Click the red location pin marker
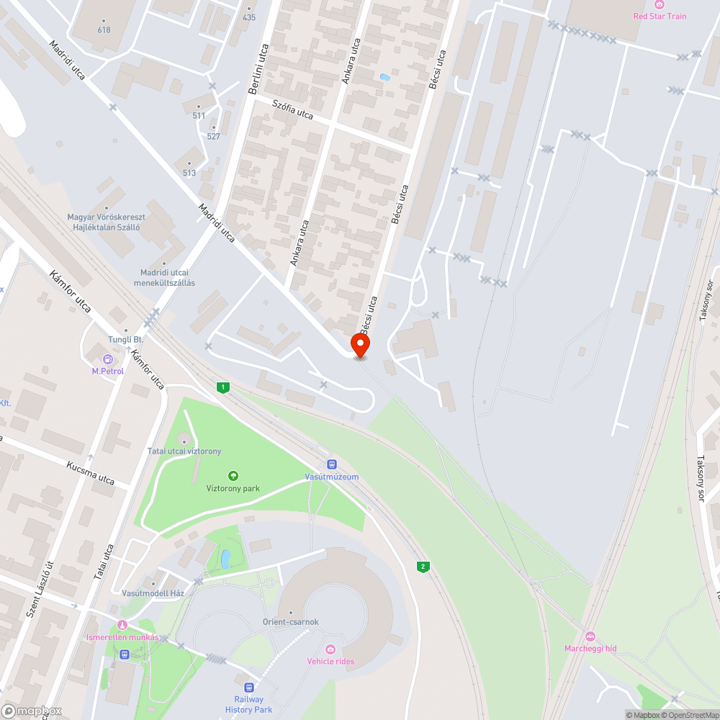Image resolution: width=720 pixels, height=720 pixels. [359, 345]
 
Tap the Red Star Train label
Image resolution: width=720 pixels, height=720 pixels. [660, 16]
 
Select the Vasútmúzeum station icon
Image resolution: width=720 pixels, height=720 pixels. [331, 464]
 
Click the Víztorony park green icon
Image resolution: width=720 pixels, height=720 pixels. [233, 476]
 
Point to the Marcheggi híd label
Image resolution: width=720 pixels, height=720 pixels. [590, 648]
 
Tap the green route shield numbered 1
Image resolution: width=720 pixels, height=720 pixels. [224, 388]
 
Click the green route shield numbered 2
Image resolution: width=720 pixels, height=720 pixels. [423, 567]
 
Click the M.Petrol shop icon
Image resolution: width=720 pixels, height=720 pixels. [108, 359]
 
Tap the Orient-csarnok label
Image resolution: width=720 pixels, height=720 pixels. [290, 621]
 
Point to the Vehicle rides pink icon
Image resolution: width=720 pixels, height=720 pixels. [330, 649]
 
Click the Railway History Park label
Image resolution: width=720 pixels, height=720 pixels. [248, 704]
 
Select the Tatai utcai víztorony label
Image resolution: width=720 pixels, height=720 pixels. [184, 451]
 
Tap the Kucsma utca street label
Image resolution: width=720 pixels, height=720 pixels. [90, 473]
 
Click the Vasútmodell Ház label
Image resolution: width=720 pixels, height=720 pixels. [153, 593]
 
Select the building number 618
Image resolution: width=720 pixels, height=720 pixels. [104, 30]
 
